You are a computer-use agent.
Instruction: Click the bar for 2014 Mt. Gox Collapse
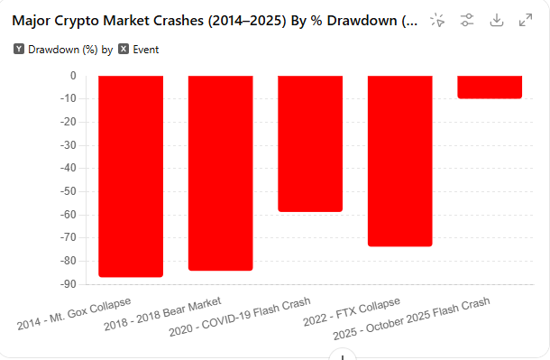pos(130,176)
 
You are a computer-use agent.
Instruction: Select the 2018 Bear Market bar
pos(220,172)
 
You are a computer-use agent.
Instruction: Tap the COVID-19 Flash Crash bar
pos(310,143)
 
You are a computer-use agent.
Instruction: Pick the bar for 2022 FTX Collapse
pos(400,161)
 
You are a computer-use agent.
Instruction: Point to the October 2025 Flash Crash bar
pos(490,87)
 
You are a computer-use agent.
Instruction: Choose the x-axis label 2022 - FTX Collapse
pos(351,311)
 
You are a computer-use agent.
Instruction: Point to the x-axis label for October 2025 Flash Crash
pos(411,318)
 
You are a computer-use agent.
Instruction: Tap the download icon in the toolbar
pos(496,20)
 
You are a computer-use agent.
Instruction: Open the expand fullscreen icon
pos(526,20)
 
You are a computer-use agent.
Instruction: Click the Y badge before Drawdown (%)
pos(19,50)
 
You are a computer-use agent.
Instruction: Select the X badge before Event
pos(124,50)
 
